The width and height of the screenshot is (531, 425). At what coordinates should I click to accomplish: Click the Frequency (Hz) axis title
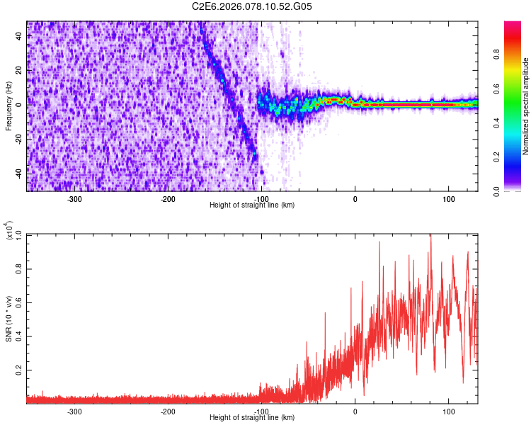pyautogui.click(x=8, y=106)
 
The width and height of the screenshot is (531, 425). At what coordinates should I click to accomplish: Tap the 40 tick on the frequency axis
pyautogui.click(x=19, y=38)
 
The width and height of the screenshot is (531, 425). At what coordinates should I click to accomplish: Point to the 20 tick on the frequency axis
pyautogui.click(x=19, y=71)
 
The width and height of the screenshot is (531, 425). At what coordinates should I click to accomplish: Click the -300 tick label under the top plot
pyautogui.click(x=74, y=199)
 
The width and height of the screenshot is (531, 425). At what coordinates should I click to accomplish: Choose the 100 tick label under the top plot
pyautogui.click(x=448, y=199)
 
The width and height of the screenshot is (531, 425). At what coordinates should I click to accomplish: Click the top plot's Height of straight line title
pyautogui.click(x=252, y=205)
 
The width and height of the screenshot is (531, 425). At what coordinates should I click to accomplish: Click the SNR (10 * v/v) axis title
pyautogui.click(x=9, y=318)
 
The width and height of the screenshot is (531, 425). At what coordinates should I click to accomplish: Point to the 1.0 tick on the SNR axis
pyautogui.click(x=19, y=234)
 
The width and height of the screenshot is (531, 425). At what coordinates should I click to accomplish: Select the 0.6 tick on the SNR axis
pyautogui.click(x=19, y=302)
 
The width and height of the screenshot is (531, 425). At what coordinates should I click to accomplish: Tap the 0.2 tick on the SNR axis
pyautogui.click(x=19, y=370)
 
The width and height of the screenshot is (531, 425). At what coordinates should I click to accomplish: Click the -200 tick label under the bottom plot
pyautogui.click(x=168, y=412)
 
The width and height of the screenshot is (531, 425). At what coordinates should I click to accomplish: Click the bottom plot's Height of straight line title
pyautogui.click(x=252, y=418)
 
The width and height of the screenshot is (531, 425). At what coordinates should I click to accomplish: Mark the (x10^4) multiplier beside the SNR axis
pyautogui.click(x=9, y=232)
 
